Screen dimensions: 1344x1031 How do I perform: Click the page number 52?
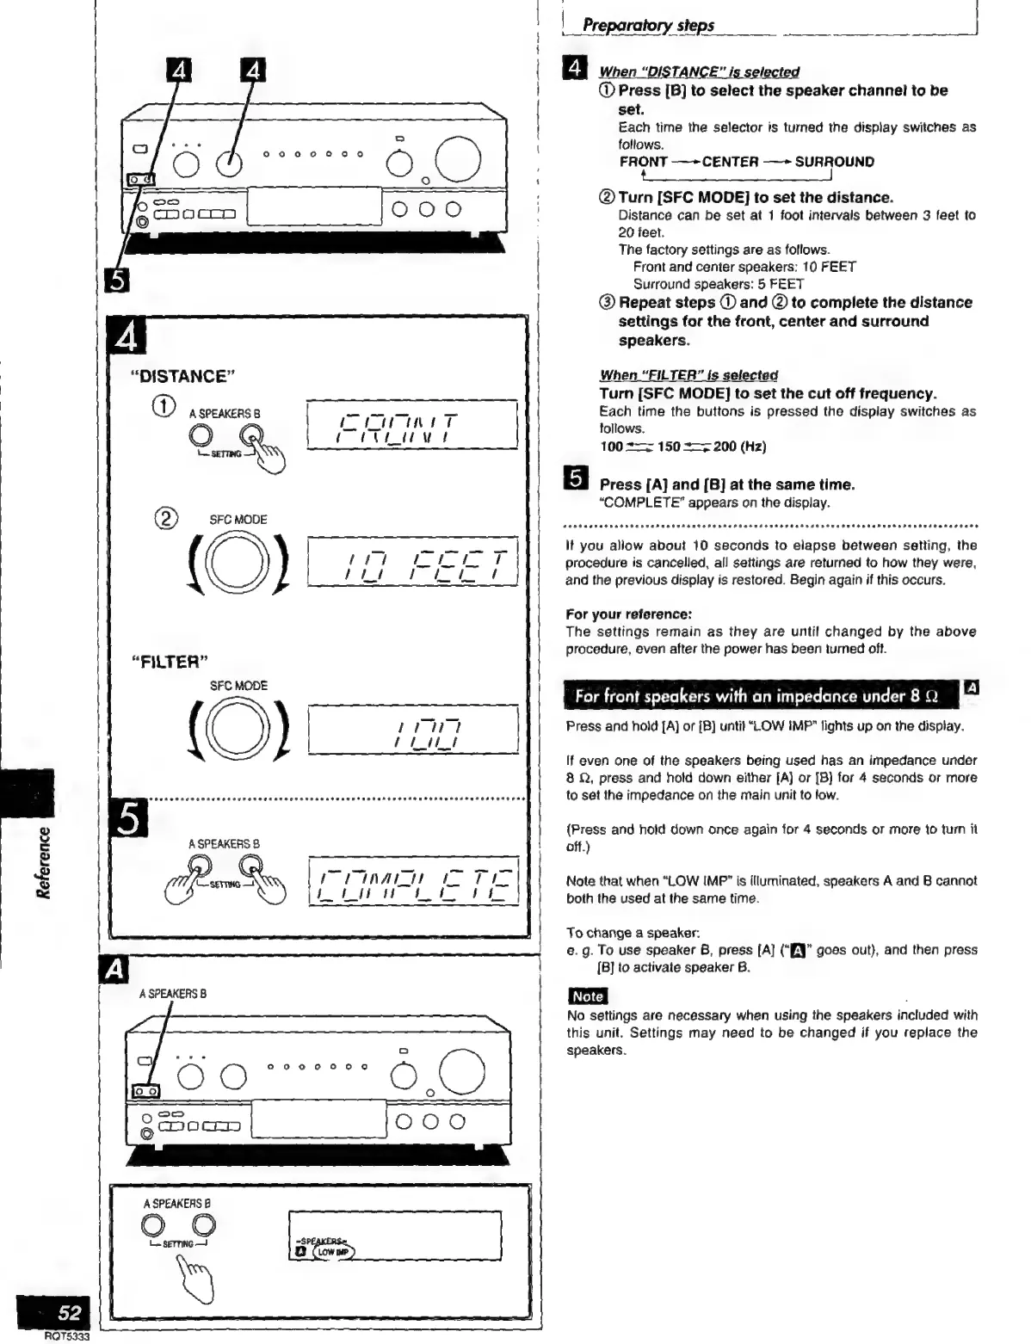[x=69, y=1312]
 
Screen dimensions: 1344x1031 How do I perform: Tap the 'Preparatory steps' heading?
[x=648, y=25]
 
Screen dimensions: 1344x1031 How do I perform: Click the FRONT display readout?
[x=411, y=424]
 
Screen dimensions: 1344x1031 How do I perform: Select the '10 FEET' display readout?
[x=411, y=562]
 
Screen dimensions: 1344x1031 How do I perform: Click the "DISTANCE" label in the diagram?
[x=182, y=376]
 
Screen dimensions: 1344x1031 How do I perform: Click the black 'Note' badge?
[x=587, y=996]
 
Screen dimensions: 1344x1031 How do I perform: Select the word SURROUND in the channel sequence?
[x=834, y=162]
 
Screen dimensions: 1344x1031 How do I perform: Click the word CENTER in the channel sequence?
[x=730, y=162]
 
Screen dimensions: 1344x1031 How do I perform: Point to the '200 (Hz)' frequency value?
[x=739, y=446]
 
